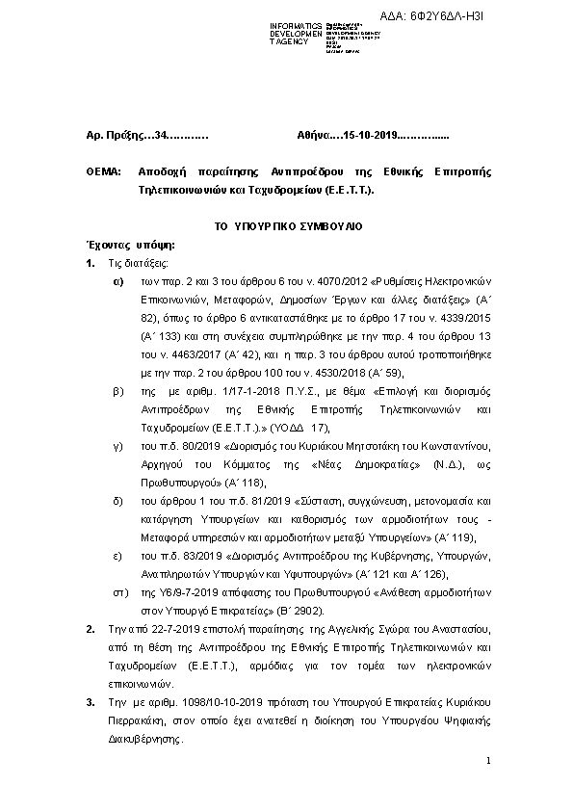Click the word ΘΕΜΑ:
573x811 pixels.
click(x=103, y=170)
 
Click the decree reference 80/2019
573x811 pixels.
click(x=181, y=447)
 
